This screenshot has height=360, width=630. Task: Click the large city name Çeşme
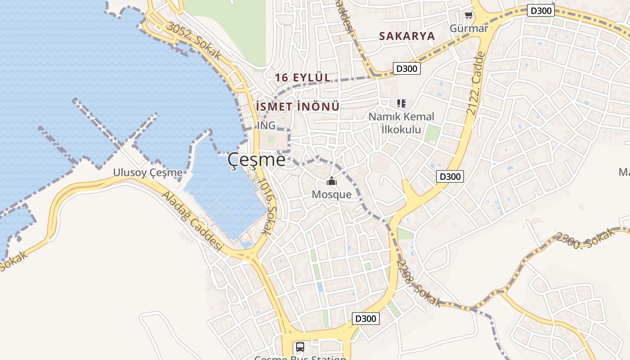click(256, 160)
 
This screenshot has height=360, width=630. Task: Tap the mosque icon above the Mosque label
click(332, 181)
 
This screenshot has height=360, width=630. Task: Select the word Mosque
click(332, 194)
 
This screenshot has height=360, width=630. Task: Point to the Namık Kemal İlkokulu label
click(401, 123)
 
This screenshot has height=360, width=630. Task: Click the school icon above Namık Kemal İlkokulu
click(401, 103)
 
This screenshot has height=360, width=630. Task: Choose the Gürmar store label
click(469, 28)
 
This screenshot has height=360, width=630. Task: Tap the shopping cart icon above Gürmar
click(469, 15)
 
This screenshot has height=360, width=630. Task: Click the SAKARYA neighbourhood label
click(407, 36)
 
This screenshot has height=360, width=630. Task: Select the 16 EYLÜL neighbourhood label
click(303, 77)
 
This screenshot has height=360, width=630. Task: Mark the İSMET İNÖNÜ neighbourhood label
click(297, 107)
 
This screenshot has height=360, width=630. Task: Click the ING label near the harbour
click(266, 126)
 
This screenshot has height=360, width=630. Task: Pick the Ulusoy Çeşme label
click(148, 172)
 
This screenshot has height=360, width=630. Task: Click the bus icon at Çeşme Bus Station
click(300, 347)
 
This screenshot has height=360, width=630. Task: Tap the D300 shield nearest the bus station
click(365, 319)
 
